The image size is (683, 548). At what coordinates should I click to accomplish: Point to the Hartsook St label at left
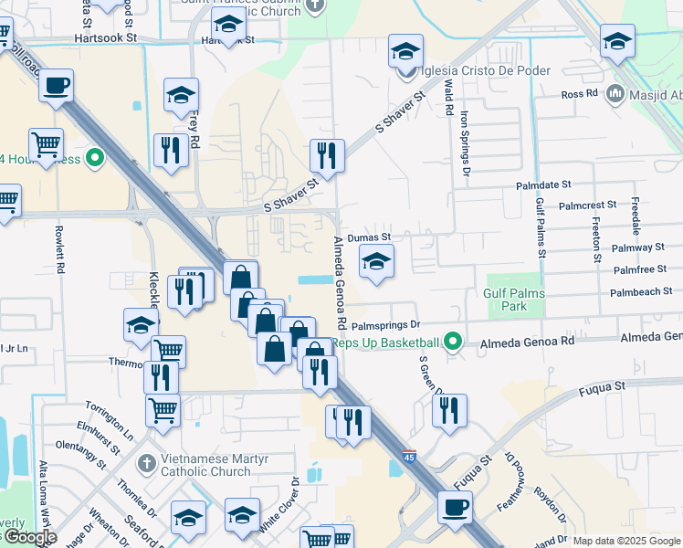click(x=105, y=39)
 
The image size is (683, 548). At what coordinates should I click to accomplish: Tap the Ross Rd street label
click(x=579, y=94)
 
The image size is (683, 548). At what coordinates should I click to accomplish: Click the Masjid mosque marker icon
click(x=615, y=94)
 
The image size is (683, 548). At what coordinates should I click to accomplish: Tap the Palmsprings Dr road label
click(x=384, y=324)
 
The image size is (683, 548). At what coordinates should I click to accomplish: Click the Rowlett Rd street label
click(x=61, y=251)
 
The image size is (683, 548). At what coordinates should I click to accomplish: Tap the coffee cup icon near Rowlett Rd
click(x=57, y=86)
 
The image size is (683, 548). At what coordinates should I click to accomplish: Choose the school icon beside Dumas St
click(x=376, y=261)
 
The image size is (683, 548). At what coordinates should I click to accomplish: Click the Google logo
click(x=29, y=537)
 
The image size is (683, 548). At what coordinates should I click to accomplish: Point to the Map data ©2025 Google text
click(x=625, y=541)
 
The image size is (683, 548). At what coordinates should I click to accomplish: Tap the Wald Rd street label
click(x=449, y=97)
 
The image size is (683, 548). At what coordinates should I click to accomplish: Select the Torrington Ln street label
click(x=110, y=416)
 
